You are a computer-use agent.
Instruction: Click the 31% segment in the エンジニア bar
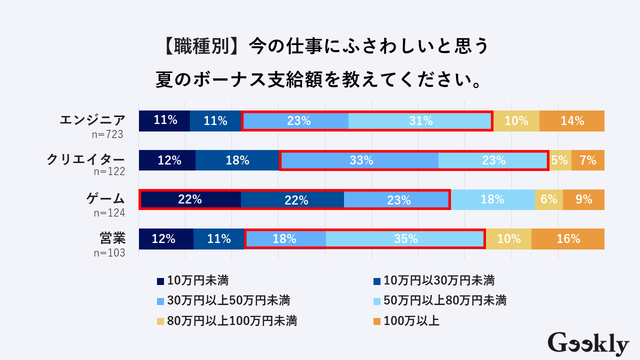coord(420,121)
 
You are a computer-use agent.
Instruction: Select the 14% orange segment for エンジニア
coord(572,121)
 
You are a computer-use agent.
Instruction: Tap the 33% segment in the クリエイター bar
coord(361,160)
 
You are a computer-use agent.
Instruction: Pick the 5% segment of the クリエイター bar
coord(559,160)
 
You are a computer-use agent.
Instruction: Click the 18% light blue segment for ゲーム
coord(492,199)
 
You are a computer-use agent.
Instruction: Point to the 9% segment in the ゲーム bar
coord(583,199)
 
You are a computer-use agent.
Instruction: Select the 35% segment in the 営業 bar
coord(405,239)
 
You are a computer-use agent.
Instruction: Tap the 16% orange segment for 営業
coord(568,239)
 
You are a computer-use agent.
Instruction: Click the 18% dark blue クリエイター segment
coord(237,160)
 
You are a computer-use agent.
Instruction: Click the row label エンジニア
coord(92,120)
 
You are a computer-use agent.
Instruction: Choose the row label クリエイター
coord(85,159)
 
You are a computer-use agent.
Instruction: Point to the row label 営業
coord(112,238)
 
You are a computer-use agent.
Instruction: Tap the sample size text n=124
coord(109,213)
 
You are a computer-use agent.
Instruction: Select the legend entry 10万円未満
coord(192,280)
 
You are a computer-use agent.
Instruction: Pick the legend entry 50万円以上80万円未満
coord(439,300)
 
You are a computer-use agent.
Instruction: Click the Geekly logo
coord(588,344)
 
